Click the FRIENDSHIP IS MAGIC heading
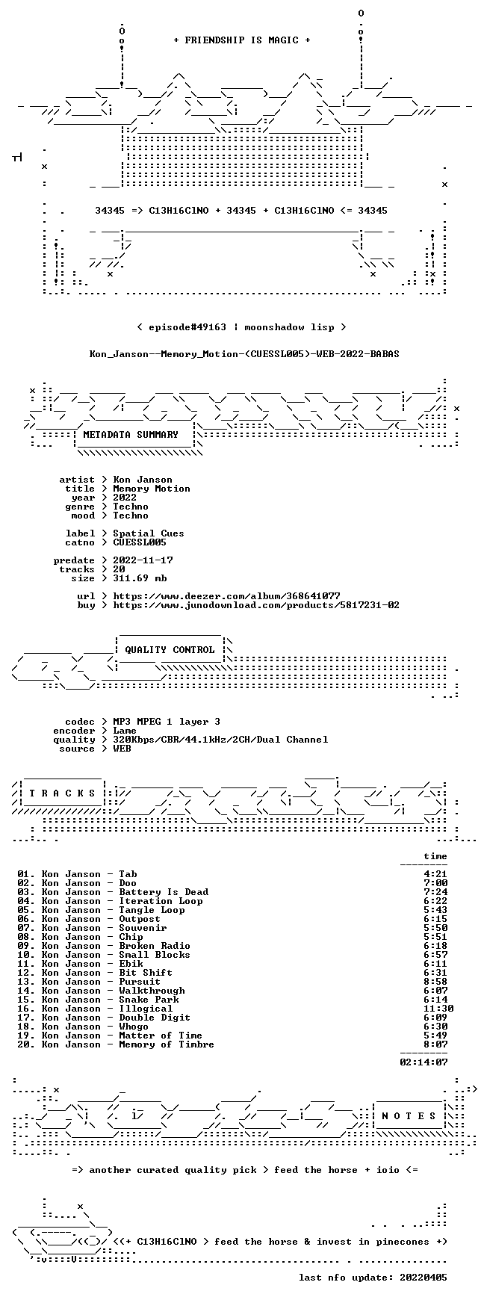242,40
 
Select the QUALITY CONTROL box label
170,650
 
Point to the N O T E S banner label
409,1116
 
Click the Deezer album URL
227,596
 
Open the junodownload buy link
257,605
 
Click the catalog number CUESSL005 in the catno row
140,542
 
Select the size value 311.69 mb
140,578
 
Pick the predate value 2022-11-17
143,560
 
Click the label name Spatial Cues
149,533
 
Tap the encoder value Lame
125,731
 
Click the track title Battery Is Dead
164,892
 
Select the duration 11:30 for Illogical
439,1009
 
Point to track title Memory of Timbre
167,1044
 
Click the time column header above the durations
436,856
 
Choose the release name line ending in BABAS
245,354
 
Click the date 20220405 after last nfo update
424,1278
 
